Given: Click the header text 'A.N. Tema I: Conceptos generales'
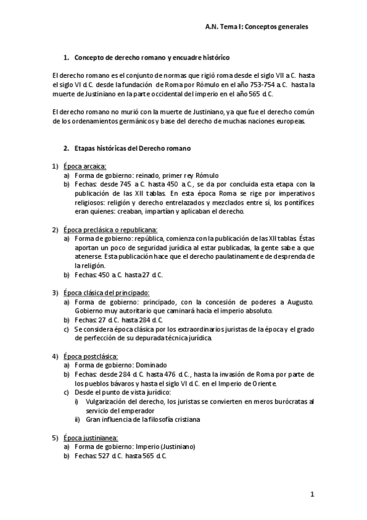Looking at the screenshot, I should tap(257, 27).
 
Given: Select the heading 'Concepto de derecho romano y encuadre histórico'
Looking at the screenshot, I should tap(151, 58).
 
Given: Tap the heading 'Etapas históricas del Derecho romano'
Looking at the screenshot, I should tap(132, 148).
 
